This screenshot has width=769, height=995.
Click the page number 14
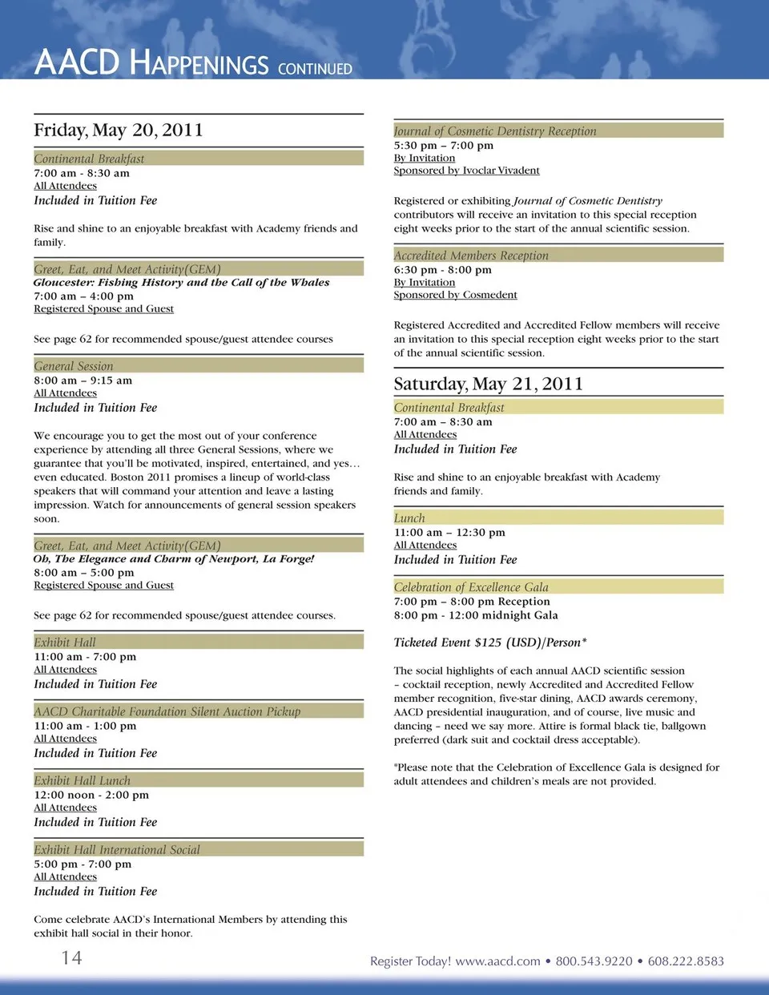coord(71,957)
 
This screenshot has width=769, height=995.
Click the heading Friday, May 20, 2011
coord(119,130)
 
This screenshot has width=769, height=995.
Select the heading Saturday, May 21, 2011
coord(488,384)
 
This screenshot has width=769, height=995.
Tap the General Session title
coord(74,366)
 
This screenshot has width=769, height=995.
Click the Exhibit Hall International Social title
coord(117,849)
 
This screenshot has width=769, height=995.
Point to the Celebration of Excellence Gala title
coord(471,587)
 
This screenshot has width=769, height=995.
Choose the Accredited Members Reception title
coord(471,256)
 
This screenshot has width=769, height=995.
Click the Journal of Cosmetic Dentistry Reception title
coord(495,131)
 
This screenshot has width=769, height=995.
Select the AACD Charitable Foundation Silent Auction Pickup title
coord(167,711)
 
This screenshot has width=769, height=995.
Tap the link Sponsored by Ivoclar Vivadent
coord(466,171)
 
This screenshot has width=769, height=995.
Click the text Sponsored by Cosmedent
coord(455,295)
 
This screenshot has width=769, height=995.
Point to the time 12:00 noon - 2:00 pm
coord(91,795)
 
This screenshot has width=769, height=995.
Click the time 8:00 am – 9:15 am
coord(83,381)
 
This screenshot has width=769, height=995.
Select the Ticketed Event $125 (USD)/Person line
coord(490,643)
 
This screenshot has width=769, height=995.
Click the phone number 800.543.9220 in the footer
coord(594,961)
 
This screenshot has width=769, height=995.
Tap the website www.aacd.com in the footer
coord(497,961)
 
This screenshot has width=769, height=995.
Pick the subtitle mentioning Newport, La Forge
coord(174,559)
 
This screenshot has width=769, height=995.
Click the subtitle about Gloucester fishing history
coord(181,282)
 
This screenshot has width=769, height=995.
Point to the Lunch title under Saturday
coord(409,518)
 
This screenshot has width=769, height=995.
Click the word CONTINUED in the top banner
coord(315,69)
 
